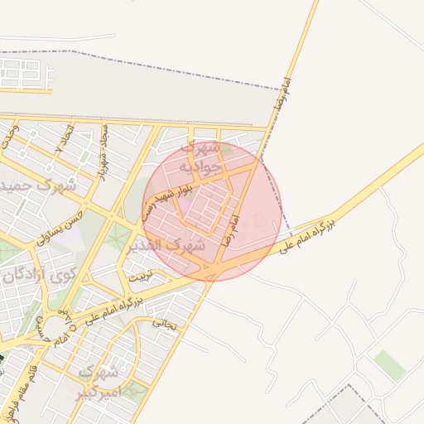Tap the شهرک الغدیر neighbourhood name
pyautogui.click(x=165, y=246)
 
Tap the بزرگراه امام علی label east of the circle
pyautogui.click(x=308, y=235)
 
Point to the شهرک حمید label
pyautogui.click(x=38, y=185)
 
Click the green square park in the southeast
pyautogui.click(x=388, y=364)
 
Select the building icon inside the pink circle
pyautogui.click(x=260, y=220)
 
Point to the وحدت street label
pyautogui.click(x=8, y=136)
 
